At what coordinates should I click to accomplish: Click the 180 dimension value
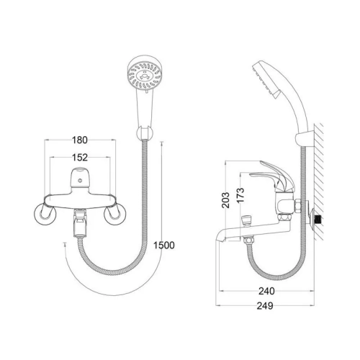[80, 140]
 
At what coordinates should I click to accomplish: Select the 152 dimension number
[80, 158]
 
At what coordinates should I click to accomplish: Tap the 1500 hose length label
[164, 246]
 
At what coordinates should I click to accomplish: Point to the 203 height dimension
[225, 200]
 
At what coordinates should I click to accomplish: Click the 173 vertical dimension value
[240, 195]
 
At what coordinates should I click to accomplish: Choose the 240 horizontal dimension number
[266, 291]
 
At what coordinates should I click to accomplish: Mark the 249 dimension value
[265, 306]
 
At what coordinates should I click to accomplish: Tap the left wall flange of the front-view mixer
[45, 215]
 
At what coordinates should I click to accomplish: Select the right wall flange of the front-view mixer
[114, 215]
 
